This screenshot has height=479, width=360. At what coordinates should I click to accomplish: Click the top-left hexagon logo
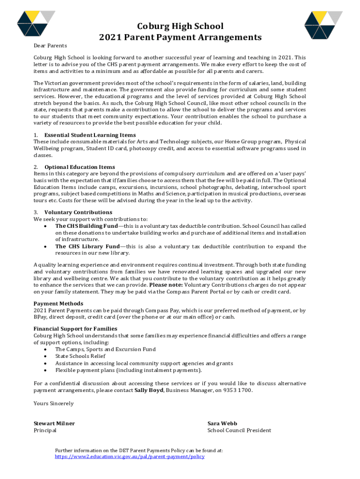(x=36, y=23)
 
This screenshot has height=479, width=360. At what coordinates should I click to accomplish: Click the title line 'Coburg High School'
(x=180, y=26)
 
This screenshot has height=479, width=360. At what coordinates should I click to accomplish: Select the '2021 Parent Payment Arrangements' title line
(x=180, y=37)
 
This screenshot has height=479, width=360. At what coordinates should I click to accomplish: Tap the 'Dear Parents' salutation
(x=50, y=45)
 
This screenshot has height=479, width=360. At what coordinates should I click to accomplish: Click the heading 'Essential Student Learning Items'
(x=90, y=135)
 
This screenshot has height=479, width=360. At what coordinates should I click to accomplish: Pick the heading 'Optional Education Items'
(x=79, y=167)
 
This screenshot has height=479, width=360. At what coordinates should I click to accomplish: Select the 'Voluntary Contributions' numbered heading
(x=78, y=212)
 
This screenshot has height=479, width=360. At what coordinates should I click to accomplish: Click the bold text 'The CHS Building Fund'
(x=86, y=226)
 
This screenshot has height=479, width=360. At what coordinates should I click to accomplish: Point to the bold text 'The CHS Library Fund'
(x=87, y=247)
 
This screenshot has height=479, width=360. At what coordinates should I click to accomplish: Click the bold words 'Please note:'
(x=166, y=285)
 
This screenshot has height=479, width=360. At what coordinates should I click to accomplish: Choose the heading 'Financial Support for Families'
(x=75, y=329)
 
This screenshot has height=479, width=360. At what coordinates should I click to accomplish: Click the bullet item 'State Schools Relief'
(x=80, y=356)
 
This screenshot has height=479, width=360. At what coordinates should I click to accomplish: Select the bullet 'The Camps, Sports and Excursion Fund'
(x=105, y=349)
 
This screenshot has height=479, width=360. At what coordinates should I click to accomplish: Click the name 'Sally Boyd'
(x=149, y=390)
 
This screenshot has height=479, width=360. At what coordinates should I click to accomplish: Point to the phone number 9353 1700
(x=238, y=390)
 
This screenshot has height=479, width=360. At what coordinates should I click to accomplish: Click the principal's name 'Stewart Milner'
(x=54, y=423)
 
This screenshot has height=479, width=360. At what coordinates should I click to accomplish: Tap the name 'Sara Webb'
(x=223, y=423)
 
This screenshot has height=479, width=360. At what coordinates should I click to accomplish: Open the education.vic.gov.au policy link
(x=130, y=457)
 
